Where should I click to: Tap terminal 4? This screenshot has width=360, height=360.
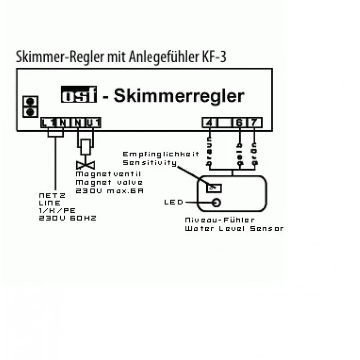point(208,123)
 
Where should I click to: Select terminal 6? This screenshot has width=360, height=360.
point(239,123)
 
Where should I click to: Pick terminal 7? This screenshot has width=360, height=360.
point(254,123)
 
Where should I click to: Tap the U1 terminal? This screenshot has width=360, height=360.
point(94,122)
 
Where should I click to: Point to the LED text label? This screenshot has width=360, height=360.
point(173,202)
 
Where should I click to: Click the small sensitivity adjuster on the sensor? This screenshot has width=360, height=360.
point(213,188)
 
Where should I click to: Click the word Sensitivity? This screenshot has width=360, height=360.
point(150,163)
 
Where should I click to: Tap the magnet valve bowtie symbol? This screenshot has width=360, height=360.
point(83,166)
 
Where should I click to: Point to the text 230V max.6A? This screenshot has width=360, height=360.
point(109,190)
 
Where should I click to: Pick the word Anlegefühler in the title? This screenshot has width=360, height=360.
point(156,57)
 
